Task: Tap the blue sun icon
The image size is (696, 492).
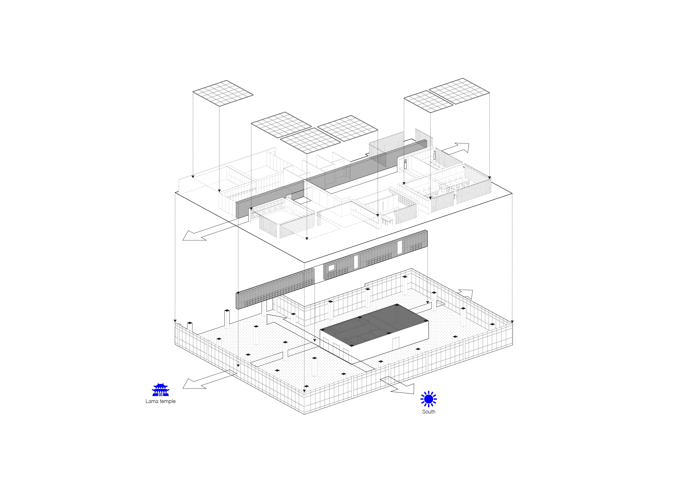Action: [429, 399]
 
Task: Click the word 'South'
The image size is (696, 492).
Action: [429, 412]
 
